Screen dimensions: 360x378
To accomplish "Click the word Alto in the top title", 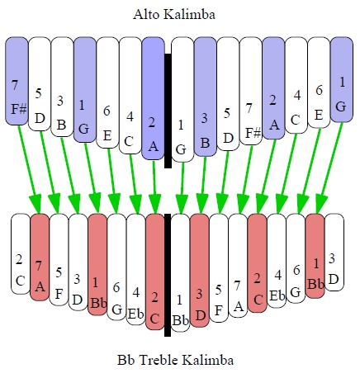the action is pos(146,14).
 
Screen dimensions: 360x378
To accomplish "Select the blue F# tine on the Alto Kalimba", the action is pos(17,81).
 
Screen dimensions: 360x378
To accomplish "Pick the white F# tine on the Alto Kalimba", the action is pos(250,91).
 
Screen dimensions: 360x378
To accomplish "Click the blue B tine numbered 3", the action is pos(205,97).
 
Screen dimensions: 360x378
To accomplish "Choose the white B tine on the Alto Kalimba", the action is pos(62,87).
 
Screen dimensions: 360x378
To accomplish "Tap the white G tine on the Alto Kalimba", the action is pos(182,100).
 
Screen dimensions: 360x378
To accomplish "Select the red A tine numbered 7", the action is pos(40,257).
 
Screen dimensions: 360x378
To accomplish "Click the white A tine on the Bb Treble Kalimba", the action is pos(238,266).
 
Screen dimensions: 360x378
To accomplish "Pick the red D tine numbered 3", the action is pos(200,271).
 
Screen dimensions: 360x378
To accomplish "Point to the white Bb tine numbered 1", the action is pos(180,272).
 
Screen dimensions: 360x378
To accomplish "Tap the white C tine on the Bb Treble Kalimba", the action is pos(21,253).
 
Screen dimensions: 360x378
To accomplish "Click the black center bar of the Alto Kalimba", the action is pos(168,111).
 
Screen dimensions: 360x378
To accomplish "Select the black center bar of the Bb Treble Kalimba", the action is pos(168,275).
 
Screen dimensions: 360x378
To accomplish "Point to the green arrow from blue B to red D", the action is pos(203,185).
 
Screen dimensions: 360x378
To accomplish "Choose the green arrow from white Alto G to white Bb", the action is pos(182,188).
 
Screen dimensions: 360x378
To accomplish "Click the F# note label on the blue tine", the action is pos(19,109).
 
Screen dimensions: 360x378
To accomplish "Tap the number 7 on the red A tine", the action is pos(38,266).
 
